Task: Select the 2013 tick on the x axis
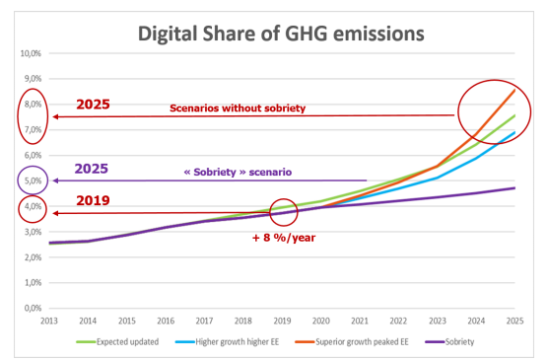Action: pos(49,321)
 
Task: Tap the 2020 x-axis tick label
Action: pos(321,321)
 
